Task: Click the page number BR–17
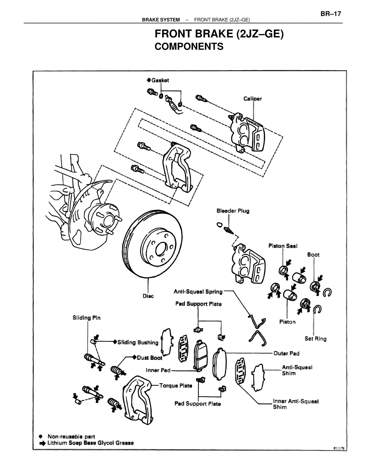(x=331, y=14)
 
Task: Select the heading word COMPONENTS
(x=189, y=47)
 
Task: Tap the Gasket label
(x=160, y=80)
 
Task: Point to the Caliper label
(x=253, y=99)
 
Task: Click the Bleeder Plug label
(x=233, y=211)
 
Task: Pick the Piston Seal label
(x=283, y=246)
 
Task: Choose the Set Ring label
(x=315, y=339)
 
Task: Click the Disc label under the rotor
(x=148, y=296)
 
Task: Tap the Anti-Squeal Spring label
(x=198, y=292)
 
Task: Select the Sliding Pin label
(x=87, y=318)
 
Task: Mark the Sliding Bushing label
(x=138, y=342)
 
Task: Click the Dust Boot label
(x=149, y=358)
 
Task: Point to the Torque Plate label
(x=176, y=386)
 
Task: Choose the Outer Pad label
(x=286, y=354)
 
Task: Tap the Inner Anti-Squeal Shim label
(x=296, y=404)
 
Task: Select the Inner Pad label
(x=158, y=370)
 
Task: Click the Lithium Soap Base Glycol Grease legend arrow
(x=43, y=443)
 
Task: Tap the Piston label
(x=287, y=322)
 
